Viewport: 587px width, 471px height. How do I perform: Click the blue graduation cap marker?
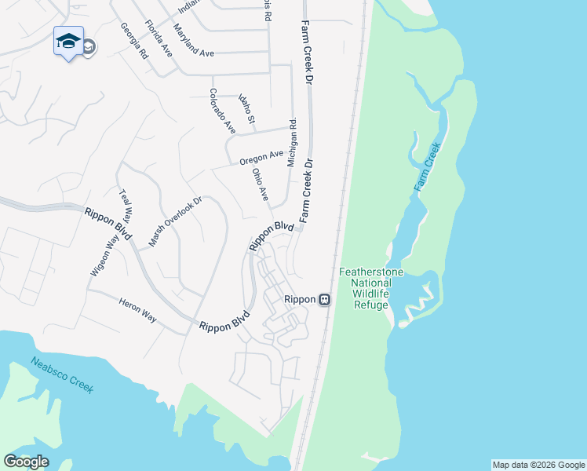pyautogui.click(x=68, y=41)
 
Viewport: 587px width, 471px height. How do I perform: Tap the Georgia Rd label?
pyautogui.click(x=135, y=42)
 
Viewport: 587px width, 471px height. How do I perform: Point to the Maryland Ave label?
pyautogui.click(x=194, y=40)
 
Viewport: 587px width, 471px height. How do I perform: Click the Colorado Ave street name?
pyautogui.click(x=222, y=110)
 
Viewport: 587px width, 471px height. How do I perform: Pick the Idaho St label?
pyautogui.click(x=246, y=109)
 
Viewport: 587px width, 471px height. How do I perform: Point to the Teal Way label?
pyautogui.click(x=127, y=206)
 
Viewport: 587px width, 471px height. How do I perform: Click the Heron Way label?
pyautogui.click(x=137, y=310)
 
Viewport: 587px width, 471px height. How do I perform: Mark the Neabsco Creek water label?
pyautogui.click(x=62, y=375)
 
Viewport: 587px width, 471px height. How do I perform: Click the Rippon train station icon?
pyautogui.click(x=324, y=299)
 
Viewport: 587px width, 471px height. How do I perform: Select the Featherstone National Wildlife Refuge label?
pyautogui.click(x=371, y=288)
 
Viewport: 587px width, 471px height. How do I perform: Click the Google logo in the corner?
pyautogui.click(x=26, y=462)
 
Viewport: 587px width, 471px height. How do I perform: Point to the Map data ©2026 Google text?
pyautogui.click(x=538, y=465)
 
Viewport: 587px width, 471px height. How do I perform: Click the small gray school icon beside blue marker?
pyautogui.click(x=88, y=47)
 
